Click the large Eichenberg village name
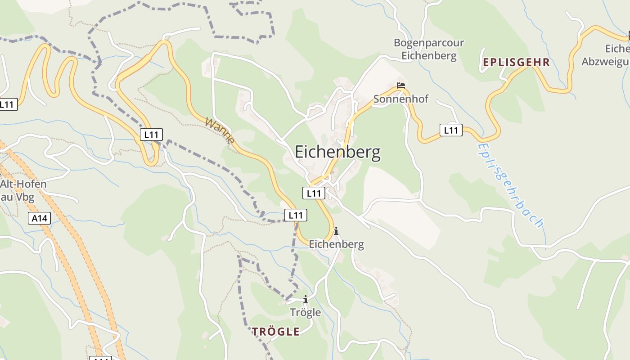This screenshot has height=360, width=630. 337,153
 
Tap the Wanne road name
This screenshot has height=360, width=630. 220,130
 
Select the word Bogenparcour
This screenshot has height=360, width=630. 428,43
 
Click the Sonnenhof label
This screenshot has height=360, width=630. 401,99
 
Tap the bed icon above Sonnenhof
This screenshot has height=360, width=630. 401,85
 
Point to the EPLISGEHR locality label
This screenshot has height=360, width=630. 517,63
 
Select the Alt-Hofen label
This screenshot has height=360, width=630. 23,184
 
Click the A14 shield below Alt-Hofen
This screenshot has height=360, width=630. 40,219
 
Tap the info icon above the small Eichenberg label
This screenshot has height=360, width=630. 336,231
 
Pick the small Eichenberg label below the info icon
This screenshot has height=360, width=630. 336,244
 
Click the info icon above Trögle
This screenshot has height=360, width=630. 306,299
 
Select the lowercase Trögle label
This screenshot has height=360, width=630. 306,312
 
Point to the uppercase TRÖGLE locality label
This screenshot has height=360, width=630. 275,332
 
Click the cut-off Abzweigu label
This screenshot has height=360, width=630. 605,62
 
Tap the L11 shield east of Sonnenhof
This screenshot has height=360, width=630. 450,130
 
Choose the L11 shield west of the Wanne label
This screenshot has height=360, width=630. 151,134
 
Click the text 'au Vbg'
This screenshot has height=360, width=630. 18,197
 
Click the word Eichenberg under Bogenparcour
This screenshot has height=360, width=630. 428,56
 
